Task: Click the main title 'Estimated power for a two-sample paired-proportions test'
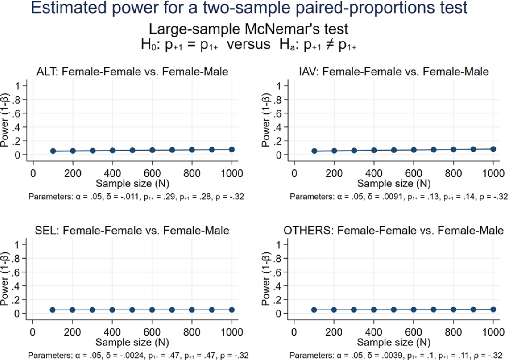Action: click(x=249, y=8)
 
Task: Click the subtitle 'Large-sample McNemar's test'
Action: click(x=249, y=29)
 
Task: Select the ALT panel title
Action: click(x=132, y=71)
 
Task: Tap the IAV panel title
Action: click(x=394, y=71)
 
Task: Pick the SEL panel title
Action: click(x=132, y=230)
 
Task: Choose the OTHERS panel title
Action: click(x=394, y=230)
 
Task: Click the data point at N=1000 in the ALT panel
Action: click(x=232, y=150)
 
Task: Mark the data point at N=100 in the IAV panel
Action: click(x=314, y=151)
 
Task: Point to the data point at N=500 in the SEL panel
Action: click(x=132, y=310)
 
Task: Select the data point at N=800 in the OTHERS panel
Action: click(x=453, y=310)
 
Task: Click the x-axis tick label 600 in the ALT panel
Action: click(x=152, y=173)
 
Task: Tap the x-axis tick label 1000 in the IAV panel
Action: click(x=493, y=173)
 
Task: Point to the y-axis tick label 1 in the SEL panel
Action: click(x=17, y=245)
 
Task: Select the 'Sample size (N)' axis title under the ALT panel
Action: click(x=132, y=184)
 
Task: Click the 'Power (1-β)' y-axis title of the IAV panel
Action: click(x=265, y=120)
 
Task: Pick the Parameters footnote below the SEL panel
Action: click(x=138, y=355)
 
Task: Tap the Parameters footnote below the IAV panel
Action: click(x=398, y=197)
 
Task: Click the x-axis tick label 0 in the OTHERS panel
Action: click(x=294, y=332)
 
